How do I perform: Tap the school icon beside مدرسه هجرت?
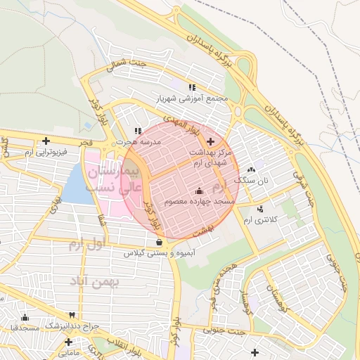click(138, 131)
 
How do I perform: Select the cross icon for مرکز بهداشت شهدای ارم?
click(210, 141)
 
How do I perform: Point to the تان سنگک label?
click(255, 181)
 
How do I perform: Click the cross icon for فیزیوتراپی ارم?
click(46, 141)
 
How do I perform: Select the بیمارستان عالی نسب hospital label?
click(113, 180)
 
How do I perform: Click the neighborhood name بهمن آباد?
click(95, 281)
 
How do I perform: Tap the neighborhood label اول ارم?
click(86, 245)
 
